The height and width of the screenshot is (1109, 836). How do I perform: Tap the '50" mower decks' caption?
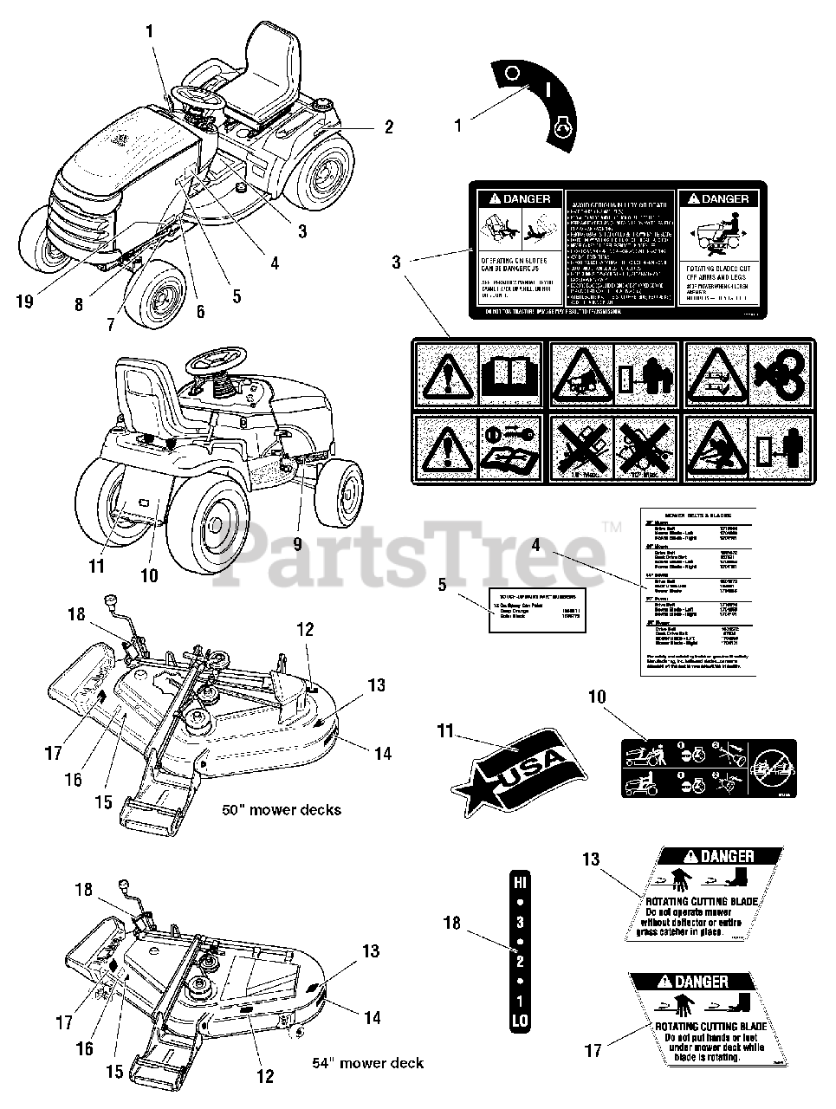point(281,810)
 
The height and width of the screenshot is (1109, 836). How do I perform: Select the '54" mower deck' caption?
point(367,1062)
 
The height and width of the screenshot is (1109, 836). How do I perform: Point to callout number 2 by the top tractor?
point(389,127)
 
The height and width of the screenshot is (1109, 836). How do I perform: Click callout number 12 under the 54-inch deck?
point(265,1076)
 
